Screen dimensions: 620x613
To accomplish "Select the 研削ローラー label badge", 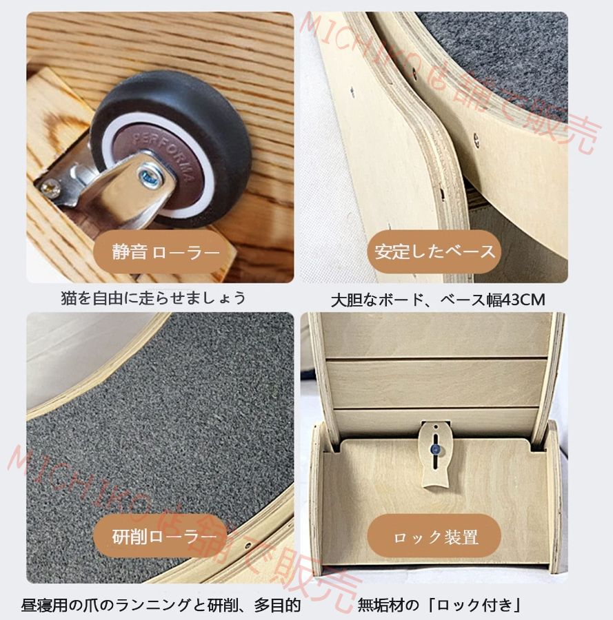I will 164,537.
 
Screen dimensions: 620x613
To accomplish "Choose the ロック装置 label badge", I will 435,537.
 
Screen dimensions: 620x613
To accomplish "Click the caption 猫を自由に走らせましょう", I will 153,298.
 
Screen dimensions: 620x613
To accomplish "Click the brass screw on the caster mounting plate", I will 50,186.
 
